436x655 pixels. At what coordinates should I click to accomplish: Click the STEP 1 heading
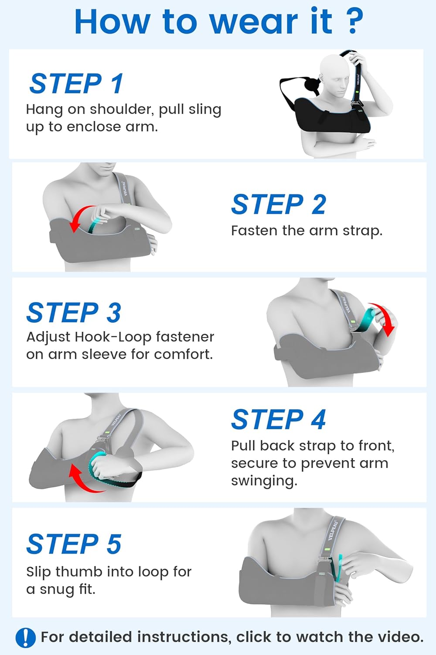(x=76, y=83)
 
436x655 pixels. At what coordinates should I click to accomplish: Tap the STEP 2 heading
(x=279, y=204)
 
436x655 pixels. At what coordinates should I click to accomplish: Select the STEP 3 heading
(x=74, y=313)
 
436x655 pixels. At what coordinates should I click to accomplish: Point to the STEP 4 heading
(x=279, y=420)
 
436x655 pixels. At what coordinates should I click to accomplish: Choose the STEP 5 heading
(x=74, y=544)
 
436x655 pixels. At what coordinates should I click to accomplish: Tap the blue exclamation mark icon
(x=25, y=637)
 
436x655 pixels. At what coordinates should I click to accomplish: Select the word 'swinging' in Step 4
(x=264, y=481)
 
